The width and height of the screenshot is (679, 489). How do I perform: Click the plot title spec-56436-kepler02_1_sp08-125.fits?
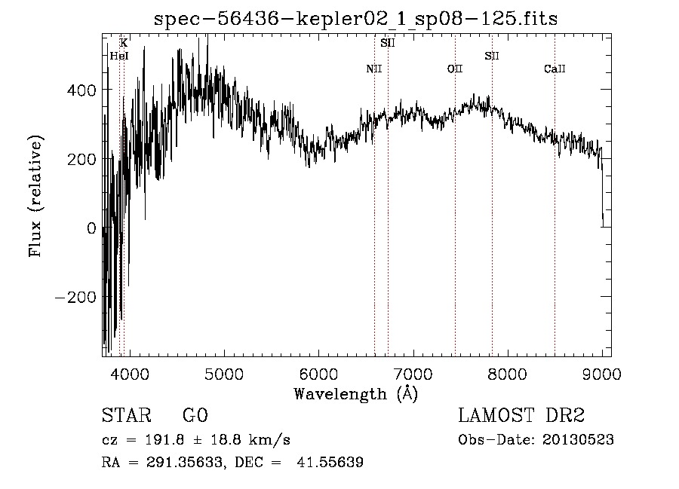[x=355, y=19]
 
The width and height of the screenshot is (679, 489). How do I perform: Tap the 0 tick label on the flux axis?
[x=92, y=228]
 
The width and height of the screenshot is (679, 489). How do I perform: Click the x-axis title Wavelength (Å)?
[x=355, y=393]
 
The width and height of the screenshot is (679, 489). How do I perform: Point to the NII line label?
[x=374, y=69]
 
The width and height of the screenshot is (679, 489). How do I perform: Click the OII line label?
[x=454, y=69]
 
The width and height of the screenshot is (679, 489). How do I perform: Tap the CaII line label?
[x=555, y=69]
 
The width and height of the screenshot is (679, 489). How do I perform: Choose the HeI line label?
[x=119, y=56]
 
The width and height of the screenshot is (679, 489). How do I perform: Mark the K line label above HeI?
[x=124, y=43]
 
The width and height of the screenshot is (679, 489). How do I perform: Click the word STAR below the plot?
[x=125, y=417]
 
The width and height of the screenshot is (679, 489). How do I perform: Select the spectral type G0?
[x=195, y=417]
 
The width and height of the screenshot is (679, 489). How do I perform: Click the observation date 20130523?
[x=577, y=440]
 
